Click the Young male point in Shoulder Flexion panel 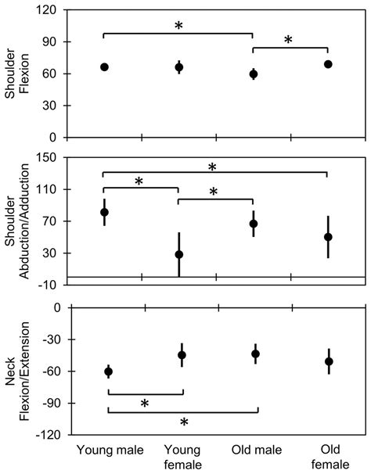[x=104, y=67]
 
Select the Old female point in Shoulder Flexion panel [x=328, y=64]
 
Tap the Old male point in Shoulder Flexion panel [x=253, y=74]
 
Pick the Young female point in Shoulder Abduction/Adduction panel [x=179, y=254]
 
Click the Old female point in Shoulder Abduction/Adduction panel [x=329, y=237]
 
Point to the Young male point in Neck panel [x=109, y=372]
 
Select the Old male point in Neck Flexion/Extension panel [x=255, y=354]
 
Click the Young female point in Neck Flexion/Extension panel [x=182, y=355]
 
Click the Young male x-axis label [x=109, y=451]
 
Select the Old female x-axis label [x=329, y=458]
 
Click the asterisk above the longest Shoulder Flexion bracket [x=178, y=27]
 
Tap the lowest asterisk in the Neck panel [x=184, y=422]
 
